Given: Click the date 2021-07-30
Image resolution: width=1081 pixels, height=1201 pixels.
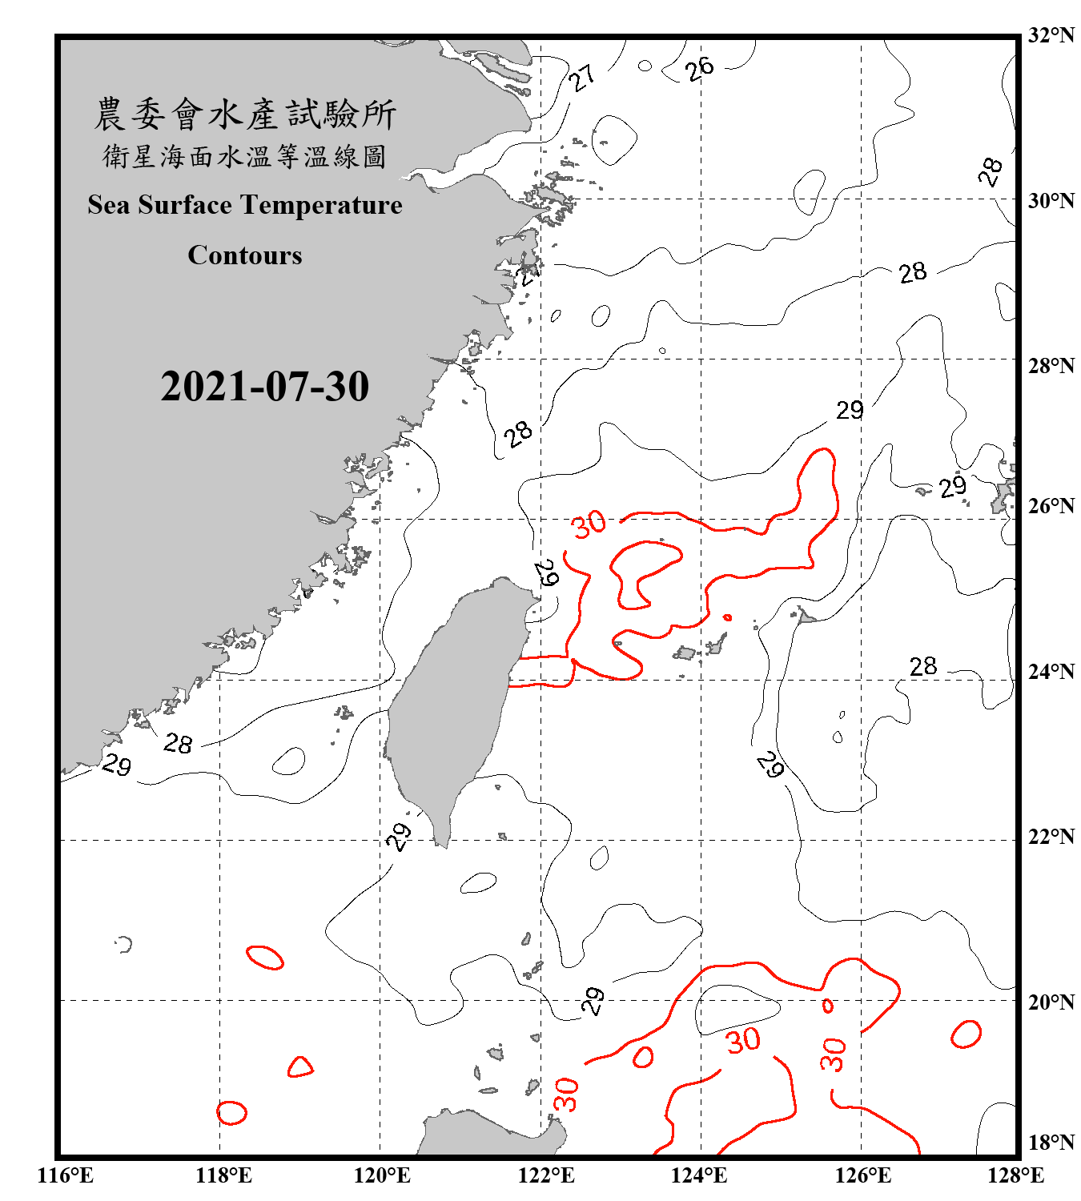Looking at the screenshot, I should point(264,387).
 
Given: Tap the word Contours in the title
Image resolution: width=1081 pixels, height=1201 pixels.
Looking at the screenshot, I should point(245,255).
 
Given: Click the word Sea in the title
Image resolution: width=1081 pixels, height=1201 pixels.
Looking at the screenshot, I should point(109,205).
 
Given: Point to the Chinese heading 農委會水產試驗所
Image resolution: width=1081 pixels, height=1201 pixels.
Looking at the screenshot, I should point(245,114).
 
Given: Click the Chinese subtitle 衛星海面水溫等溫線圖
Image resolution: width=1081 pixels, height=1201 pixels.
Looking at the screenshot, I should point(245,157).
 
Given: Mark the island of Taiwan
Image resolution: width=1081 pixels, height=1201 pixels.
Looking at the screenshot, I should point(452,705).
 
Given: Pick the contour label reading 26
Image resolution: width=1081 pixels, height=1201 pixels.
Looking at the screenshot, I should point(699,69).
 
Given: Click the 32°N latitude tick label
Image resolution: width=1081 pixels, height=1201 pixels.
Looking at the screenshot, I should point(1051,35).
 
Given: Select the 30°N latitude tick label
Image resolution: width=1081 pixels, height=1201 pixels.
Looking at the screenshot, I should point(1051,201).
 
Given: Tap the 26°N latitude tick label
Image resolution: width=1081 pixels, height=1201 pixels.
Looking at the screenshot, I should point(1051,506).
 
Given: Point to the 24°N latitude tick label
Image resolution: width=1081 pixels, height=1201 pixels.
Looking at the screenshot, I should point(1051,672).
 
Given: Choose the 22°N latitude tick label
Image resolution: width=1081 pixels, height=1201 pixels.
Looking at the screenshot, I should point(1051,837).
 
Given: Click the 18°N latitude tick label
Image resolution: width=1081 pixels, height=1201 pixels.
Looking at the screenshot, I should point(1051,1143).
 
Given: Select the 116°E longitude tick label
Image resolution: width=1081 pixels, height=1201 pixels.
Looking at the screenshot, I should point(66,1175).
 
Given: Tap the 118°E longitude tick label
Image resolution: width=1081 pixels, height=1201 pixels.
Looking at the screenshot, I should point(223,1175).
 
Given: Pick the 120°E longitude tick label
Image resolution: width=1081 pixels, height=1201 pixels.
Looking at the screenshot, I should point(382,1175).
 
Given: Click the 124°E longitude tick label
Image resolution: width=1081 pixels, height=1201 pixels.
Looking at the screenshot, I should point(699,1175).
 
